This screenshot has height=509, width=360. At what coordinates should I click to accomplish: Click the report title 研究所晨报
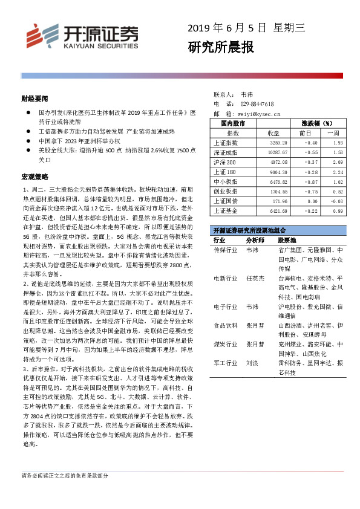pos(221,47)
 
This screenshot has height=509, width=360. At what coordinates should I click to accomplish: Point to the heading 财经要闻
pos(34,97)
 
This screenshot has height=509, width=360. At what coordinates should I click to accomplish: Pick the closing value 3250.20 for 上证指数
pos(273,143)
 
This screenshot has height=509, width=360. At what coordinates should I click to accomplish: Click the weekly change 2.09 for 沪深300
pos(337,163)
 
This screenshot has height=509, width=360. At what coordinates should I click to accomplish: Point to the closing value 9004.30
pos(273,172)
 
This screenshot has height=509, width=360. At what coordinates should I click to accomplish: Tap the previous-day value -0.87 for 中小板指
pos(309,181)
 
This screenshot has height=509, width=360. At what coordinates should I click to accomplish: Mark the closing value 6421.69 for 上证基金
pos(273,210)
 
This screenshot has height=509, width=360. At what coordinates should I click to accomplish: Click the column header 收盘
pos(273,134)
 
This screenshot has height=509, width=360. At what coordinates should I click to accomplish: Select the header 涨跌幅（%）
pos(320,123)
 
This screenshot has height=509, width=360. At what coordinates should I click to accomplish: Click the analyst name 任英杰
pos(255,278)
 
